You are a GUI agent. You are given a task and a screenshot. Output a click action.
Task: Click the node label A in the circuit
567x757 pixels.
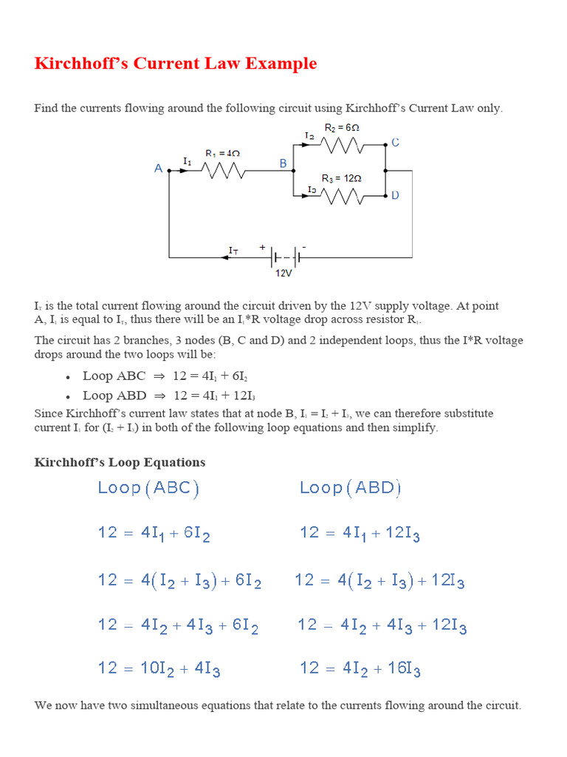pyautogui.click(x=158, y=169)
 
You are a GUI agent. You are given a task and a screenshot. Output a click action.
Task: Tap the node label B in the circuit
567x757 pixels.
pyautogui.click(x=283, y=164)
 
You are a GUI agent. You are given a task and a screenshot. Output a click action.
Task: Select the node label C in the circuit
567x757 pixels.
pyautogui.click(x=396, y=142)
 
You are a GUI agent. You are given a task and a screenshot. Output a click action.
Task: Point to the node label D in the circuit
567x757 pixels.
pyautogui.click(x=396, y=195)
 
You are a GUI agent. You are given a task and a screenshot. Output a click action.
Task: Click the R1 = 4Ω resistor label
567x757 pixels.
pyautogui.click(x=222, y=154)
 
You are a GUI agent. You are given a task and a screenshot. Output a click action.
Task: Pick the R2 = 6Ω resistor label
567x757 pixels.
pyautogui.click(x=342, y=128)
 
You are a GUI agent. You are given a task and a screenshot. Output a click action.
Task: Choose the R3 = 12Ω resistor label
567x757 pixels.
pyautogui.click(x=341, y=179)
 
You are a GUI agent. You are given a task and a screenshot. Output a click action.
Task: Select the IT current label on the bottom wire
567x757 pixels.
pyautogui.click(x=233, y=251)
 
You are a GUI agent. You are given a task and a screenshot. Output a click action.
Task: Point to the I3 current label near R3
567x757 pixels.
pyautogui.click(x=312, y=190)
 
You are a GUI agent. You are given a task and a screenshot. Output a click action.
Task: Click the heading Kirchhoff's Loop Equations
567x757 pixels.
pyautogui.click(x=120, y=462)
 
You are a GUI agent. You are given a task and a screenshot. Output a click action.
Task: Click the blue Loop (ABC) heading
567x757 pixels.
pyautogui.click(x=148, y=488)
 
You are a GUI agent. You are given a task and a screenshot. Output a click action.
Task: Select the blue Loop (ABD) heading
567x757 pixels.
pyautogui.click(x=351, y=488)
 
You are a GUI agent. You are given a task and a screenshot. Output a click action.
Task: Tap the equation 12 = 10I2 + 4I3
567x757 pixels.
pyautogui.click(x=159, y=669)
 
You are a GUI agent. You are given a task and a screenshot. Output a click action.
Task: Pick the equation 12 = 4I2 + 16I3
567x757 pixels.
pyautogui.click(x=360, y=669)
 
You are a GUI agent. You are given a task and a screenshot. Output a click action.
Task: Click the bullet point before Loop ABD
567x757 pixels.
pyautogui.click(x=68, y=396)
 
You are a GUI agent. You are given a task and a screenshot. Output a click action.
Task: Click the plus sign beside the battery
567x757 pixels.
pyautogui.click(x=261, y=247)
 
